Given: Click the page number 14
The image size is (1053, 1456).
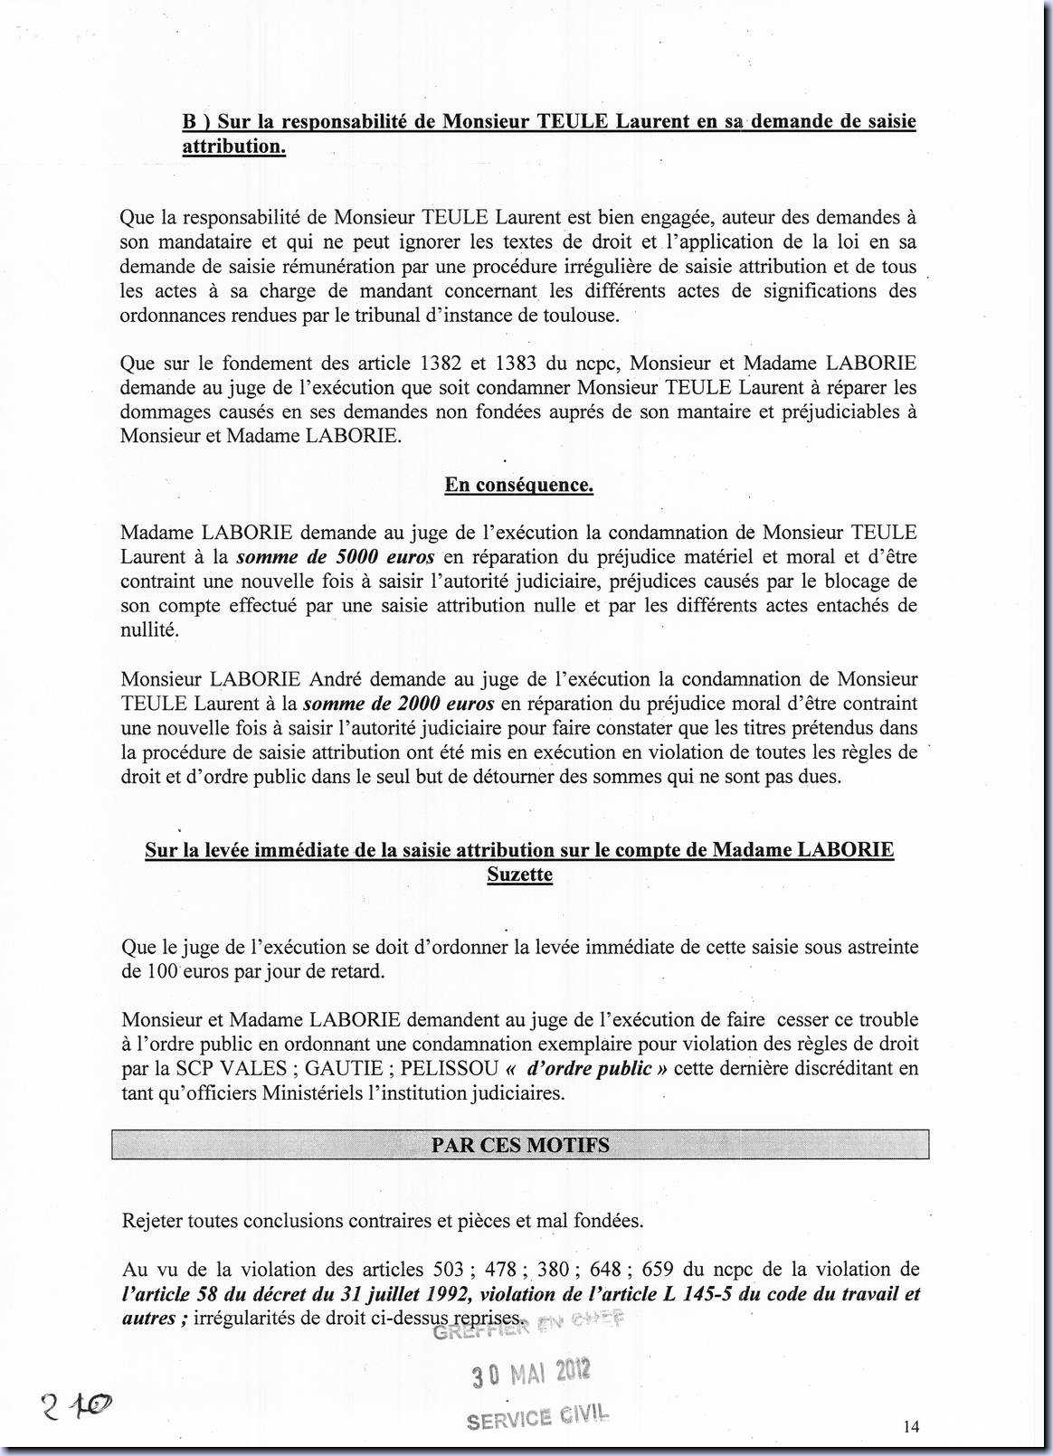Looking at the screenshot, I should click(911, 1426).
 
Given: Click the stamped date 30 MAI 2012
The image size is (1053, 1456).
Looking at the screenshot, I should click(531, 1374).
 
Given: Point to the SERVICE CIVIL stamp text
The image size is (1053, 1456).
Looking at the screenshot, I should click(537, 1417).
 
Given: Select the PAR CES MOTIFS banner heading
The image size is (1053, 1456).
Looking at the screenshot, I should click(520, 1145).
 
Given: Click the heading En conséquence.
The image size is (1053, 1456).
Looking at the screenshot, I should click(518, 485).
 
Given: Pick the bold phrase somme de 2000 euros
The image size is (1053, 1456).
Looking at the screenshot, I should click(398, 704).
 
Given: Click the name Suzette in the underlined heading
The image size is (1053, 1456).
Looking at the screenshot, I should click(519, 875).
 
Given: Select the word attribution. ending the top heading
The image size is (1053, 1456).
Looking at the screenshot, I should click(233, 147).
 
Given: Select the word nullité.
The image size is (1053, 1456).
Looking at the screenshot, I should click(149, 630).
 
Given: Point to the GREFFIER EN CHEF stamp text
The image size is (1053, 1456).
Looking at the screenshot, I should click(529, 1327).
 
